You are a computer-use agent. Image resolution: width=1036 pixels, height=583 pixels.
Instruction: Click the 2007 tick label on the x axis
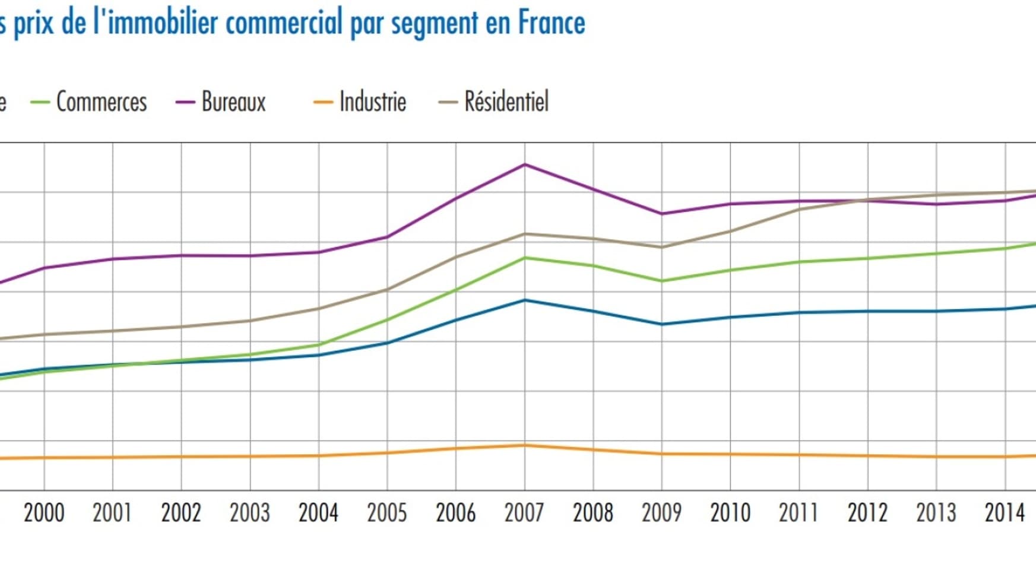coord(524,512)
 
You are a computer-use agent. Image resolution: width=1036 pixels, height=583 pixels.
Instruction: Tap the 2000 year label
coord(44,512)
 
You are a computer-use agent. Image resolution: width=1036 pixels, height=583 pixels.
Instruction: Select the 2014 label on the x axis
coord(1005,512)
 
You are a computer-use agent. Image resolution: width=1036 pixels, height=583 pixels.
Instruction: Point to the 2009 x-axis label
coord(661,512)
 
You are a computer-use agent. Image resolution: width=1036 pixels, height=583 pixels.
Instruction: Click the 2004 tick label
coord(318,512)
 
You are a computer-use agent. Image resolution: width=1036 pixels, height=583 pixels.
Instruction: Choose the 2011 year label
coord(799,512)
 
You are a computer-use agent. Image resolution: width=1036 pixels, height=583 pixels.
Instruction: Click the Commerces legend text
coord(102,102)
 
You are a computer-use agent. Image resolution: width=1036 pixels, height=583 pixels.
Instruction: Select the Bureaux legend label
coord(233,102)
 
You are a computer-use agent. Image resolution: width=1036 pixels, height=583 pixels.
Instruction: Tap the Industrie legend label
coord(372,102)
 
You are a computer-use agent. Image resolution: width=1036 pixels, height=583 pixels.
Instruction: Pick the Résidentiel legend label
coord(506,102)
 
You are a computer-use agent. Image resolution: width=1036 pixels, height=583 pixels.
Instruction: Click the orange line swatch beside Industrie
coord(323,102)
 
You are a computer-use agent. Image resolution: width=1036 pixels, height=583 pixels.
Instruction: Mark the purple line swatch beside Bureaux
coord(185,102)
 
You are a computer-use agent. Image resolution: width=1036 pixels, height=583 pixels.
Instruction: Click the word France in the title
coord(552,23)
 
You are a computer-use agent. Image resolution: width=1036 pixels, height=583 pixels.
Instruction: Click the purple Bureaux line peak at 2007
coord(525,164)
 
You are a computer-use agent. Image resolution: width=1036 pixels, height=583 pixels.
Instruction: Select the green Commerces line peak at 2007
coord(525,258)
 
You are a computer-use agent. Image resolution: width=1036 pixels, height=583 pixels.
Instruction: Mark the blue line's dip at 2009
coord(662,324)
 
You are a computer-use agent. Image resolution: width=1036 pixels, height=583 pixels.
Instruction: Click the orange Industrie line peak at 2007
coord(525,445)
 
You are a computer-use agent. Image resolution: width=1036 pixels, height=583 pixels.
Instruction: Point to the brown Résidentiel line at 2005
coord(388,289)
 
